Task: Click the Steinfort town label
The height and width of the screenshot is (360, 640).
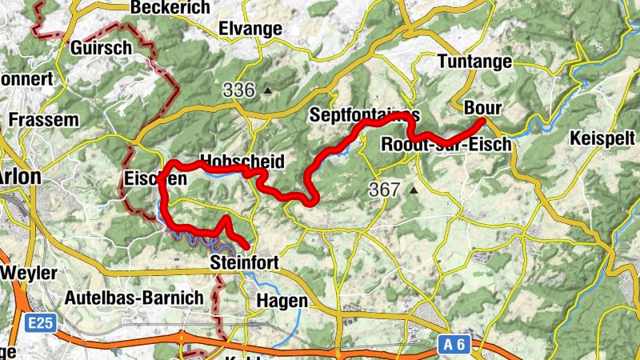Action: [x=242, y=263]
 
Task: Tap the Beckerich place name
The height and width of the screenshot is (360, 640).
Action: [x=174, y=7]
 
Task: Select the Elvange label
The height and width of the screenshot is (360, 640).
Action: [x=250, y=30]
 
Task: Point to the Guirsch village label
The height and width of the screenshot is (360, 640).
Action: [x=101, y=48]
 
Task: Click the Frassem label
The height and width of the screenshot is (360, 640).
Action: [x=44, y=121]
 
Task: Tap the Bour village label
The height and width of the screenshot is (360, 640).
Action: [x=482, y=107]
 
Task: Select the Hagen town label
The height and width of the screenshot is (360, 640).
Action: [x=282, y=302]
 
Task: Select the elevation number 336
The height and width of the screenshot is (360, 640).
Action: [x=239, y=90]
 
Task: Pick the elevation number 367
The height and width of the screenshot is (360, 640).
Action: [x=385, y=190]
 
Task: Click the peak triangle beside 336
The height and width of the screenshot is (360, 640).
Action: [x=268, y=90]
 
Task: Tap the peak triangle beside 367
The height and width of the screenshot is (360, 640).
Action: [x=414, y=190]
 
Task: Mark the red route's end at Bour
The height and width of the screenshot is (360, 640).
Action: [x=482, y=121]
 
